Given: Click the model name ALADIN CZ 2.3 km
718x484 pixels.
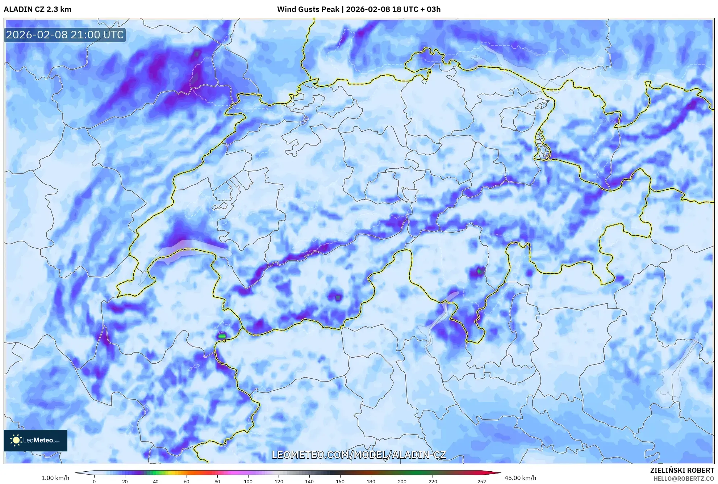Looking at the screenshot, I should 37,9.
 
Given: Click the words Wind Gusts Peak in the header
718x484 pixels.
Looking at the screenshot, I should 308,9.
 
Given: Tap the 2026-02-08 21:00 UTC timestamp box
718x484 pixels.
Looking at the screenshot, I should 65,35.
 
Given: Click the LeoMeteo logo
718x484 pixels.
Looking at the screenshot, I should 36,440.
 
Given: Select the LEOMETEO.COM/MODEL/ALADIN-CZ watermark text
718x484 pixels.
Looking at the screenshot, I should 359,455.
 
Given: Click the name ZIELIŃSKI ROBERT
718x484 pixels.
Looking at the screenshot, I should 682,470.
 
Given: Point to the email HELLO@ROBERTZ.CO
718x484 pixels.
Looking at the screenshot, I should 684,479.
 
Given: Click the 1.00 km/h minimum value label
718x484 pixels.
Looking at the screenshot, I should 55,478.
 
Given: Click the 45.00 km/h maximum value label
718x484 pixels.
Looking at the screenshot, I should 520,478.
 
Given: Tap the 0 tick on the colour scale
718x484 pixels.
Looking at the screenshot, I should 94,481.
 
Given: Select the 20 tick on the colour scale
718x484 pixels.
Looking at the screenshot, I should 125,481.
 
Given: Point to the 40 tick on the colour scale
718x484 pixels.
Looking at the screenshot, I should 156,481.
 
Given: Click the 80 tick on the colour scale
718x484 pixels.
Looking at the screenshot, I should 217,481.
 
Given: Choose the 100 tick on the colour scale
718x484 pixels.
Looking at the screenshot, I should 248,481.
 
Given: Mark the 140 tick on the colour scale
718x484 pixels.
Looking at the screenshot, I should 309,481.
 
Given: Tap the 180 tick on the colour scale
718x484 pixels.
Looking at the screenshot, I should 371,481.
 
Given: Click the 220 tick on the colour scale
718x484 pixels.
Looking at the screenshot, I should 433,481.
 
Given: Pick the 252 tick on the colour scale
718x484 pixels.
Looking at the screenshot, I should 482,481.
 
